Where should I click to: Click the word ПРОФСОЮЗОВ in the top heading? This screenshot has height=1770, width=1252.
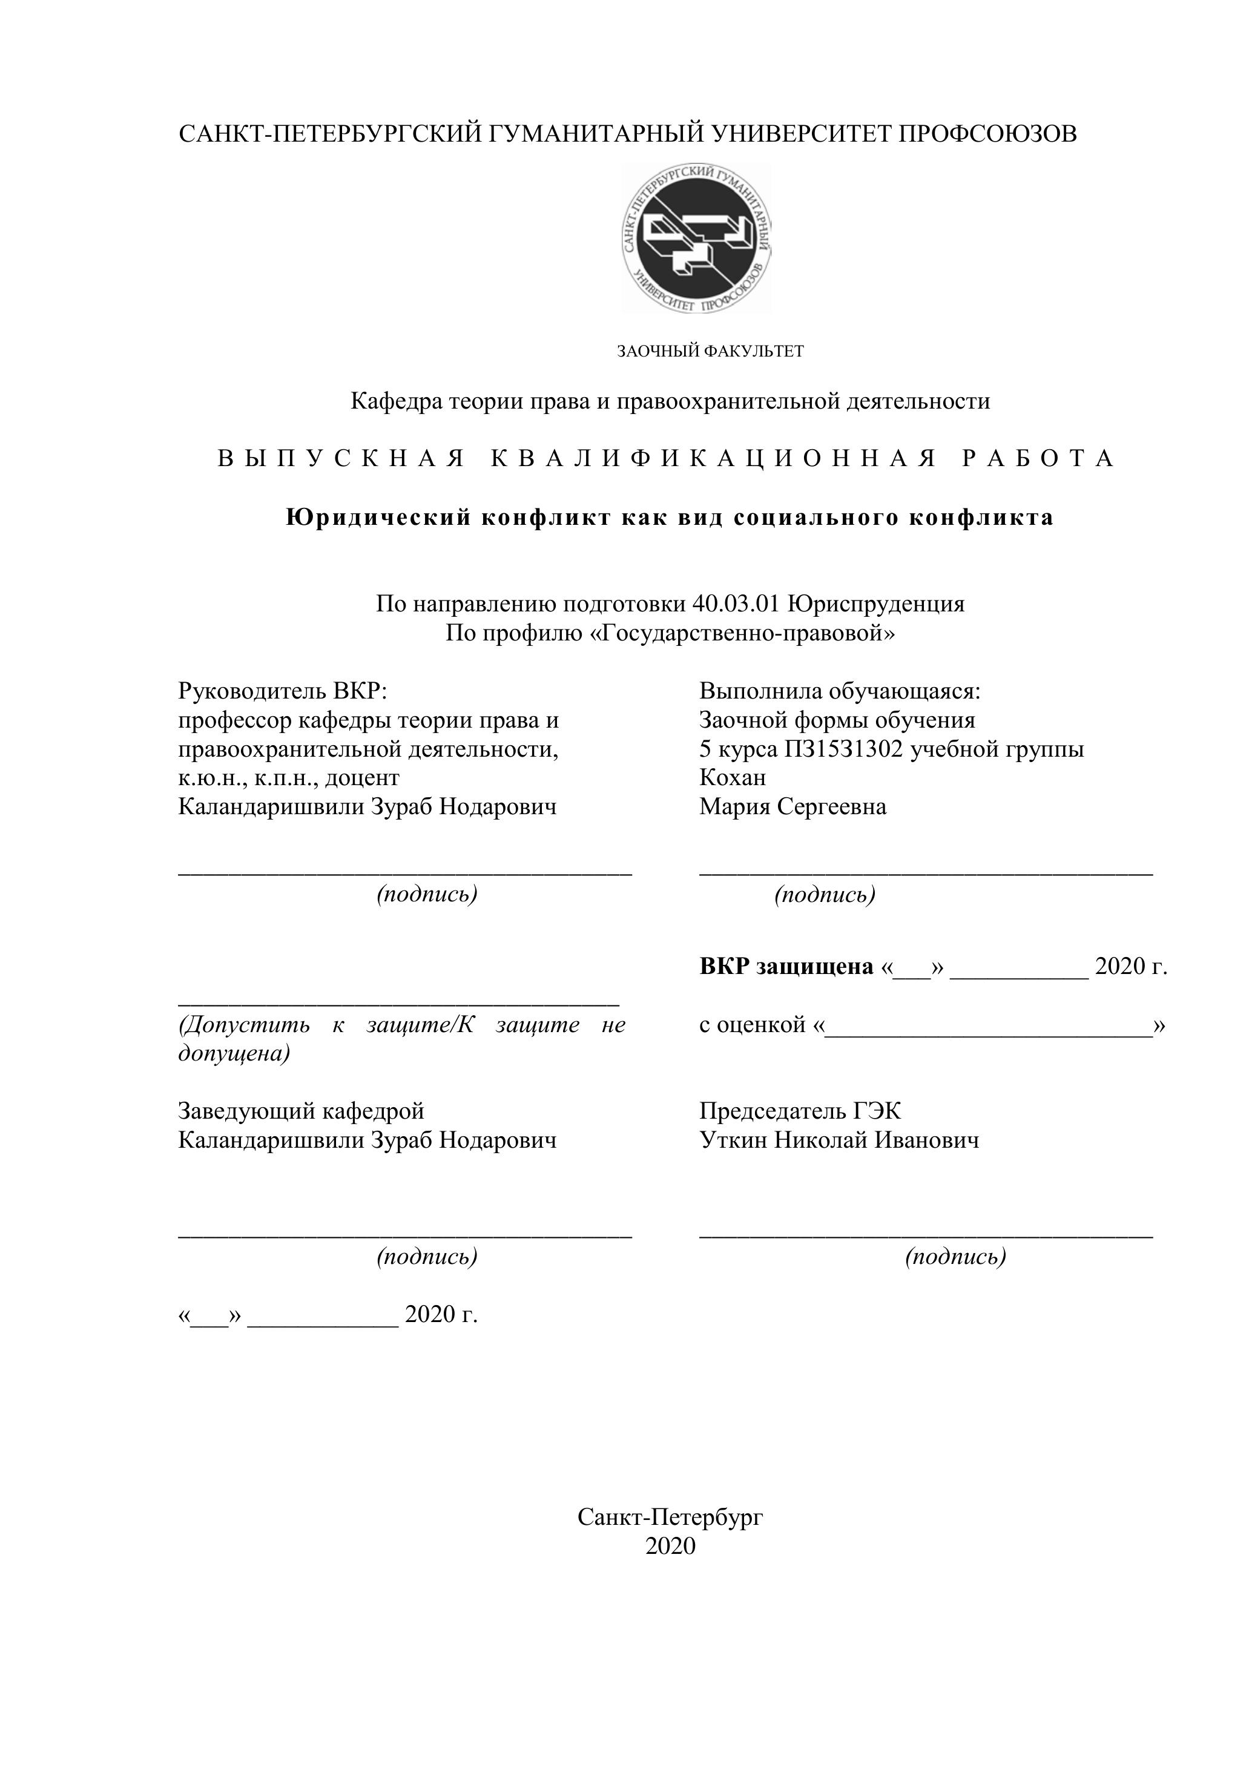(x=987, y=134)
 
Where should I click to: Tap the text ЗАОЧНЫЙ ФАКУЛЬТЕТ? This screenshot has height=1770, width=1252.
(x=710, y=352)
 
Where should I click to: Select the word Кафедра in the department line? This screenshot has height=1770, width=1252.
(x=397, y=401)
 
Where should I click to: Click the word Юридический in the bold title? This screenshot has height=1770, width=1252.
(x=378, y=518)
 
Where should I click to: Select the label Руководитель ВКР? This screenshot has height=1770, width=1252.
(x=282, y=691)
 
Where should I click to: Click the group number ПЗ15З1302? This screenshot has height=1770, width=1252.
(x=843, y=749)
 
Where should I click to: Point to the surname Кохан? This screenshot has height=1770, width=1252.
(x=733, y=778)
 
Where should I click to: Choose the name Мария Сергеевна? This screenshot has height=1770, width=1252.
(x=792, y=807)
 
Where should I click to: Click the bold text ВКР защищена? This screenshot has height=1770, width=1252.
(x=786, y=967)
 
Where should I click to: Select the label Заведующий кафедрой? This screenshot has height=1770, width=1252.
(x=301, y=1111)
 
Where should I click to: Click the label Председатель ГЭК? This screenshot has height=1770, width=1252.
(x=800, y=1111)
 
